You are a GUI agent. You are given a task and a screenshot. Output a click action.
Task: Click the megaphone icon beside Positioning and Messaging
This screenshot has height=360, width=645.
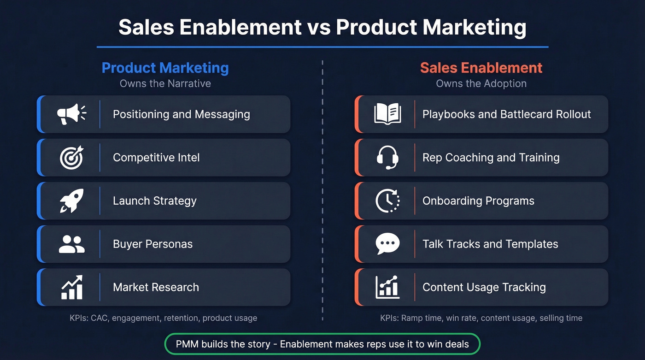coord(71,114)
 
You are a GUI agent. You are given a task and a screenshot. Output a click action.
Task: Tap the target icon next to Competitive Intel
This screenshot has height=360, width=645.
coord(72,158)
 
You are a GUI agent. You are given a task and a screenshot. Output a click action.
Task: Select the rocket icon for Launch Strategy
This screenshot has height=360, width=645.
coord(72,201)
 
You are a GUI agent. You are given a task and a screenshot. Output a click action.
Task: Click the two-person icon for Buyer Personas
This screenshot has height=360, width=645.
coord(72,244)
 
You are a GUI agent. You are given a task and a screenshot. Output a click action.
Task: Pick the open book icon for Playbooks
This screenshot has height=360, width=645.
coord(387,114)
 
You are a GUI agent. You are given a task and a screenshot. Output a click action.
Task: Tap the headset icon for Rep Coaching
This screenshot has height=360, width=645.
coord(387,158)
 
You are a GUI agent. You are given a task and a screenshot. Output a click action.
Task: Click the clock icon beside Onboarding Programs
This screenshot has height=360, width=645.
coord(387,201)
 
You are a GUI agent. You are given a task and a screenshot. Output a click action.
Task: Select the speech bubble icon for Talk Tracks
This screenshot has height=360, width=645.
coord(387,244)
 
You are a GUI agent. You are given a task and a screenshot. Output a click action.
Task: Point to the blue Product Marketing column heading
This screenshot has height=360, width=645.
coord(165,68)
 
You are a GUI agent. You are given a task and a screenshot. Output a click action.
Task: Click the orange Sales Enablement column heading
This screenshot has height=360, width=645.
coord(481,68)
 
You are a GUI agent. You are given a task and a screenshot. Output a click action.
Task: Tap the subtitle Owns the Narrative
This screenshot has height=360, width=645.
coord(165,83)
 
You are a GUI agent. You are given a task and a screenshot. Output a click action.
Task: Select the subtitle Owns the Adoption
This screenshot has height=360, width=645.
coord(481,83)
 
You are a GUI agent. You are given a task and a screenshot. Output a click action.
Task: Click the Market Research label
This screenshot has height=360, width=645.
coord(156,287)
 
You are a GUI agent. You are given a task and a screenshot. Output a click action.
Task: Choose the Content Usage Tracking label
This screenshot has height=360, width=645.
coord(484,287)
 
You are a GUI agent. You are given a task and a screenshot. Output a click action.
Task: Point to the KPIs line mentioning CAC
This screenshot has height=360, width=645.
coord(164,318)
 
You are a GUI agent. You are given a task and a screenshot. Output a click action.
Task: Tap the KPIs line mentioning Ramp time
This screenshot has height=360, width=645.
coord(481,318)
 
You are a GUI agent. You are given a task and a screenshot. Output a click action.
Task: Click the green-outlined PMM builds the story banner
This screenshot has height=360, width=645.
coord(322,344)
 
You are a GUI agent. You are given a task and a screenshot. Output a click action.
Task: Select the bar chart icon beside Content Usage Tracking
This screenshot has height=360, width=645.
coord(387,287)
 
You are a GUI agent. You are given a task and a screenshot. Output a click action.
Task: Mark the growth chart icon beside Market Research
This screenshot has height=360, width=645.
coord(72,287)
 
